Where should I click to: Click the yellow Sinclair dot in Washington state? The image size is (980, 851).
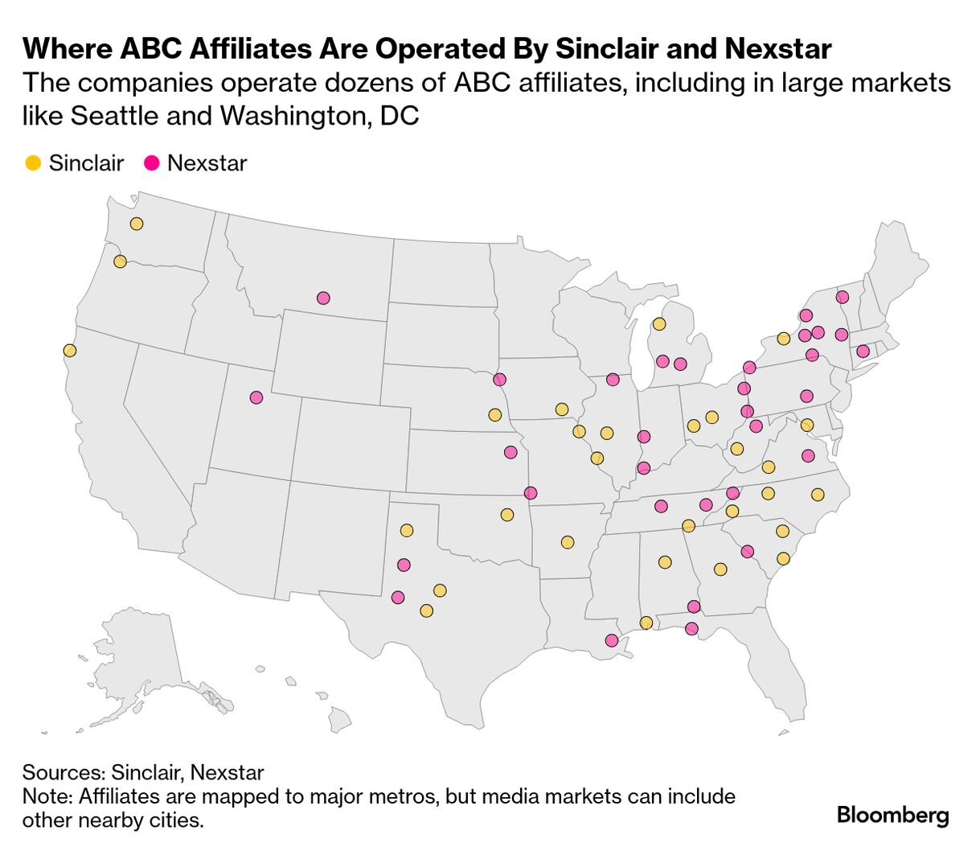tap(137, 224)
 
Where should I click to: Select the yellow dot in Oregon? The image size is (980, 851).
tap(120, 261)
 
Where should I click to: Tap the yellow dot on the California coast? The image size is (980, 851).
tap(70, 351)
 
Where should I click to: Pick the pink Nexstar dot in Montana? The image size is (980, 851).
tap(323, 298)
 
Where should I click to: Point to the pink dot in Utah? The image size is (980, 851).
tap(256, 397)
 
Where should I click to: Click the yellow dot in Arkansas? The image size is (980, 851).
tap(568, 542)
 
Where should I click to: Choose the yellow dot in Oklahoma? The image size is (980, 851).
tap(506, 515)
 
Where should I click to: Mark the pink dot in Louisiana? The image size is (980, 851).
tap(611, 641)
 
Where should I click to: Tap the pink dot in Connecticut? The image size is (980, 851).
tap(863, 351)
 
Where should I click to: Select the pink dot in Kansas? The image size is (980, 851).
tap(511, 452)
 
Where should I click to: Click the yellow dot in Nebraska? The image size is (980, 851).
tap(495, 415)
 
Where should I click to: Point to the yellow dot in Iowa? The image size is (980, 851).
tap(561, 409)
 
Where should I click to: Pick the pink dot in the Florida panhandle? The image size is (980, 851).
tap(691, 628)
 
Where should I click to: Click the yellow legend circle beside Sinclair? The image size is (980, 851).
tap(33, 163)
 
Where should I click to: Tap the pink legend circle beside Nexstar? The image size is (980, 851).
tap(152, 163)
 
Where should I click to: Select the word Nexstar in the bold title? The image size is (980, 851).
tap(777, 49)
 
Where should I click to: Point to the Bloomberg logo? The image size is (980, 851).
tap(892, 815)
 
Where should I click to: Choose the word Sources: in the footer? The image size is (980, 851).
tap(64, 773)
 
